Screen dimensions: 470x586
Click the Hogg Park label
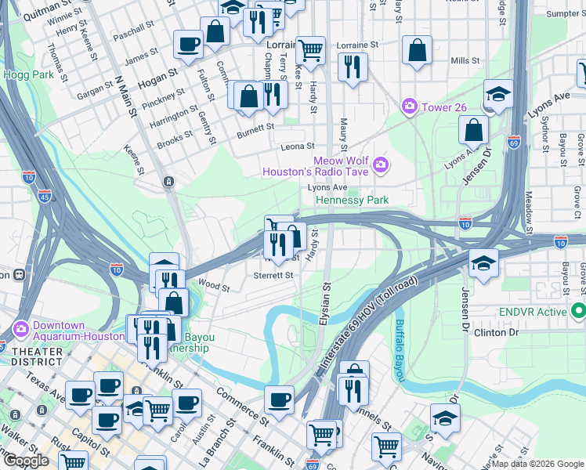coord(20,74)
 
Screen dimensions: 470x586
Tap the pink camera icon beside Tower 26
coord(408,106)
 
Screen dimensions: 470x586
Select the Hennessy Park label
coord(352,201)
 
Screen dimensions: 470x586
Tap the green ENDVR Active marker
coord(579,312)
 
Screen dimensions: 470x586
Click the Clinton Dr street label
coord(497,333)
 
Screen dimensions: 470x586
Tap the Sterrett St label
coord(273,276)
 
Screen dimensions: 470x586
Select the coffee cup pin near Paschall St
coord(187,45)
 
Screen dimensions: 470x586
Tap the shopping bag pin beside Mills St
coord(418,51)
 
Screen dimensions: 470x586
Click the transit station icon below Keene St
coord(168,182)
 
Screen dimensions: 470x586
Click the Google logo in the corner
coord(26,461)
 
